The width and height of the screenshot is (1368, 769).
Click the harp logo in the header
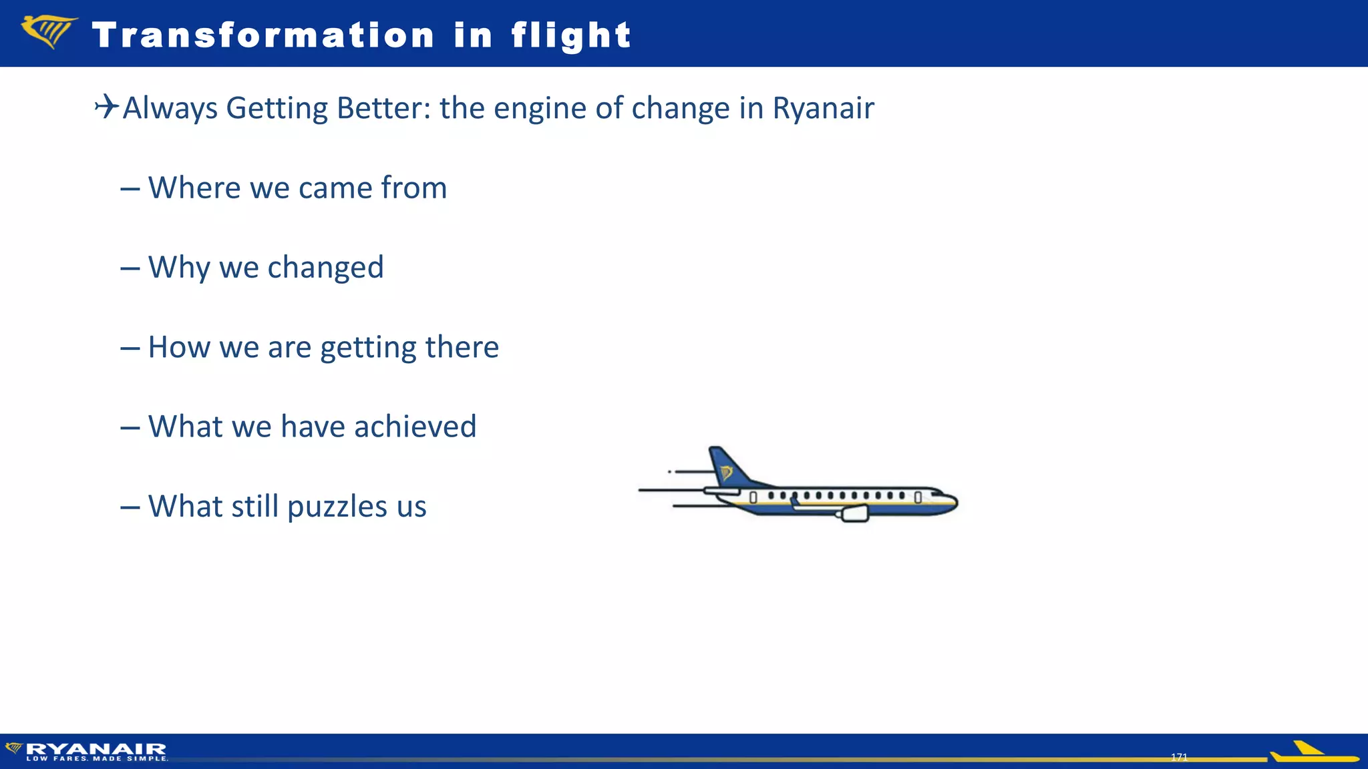click(x=48, y=32)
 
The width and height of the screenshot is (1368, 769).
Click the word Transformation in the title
click(x=263, y=35)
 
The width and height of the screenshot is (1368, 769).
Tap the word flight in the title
click(x=571, y=35)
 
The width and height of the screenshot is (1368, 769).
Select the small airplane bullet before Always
click(x=106, y=106)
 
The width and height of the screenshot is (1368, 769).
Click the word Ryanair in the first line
click(x=823, y=108)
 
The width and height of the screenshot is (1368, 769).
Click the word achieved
click(x=415, y=427)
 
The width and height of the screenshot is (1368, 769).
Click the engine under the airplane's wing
click(x=854, y=513)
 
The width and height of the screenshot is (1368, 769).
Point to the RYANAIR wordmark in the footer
click(x=96, y=748)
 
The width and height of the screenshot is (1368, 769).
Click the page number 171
click(x=1179, y=757)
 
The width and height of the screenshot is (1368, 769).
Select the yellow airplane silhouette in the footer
click(x=1313, y=753)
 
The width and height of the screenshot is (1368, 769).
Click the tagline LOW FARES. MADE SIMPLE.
click(x=97, y=758)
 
